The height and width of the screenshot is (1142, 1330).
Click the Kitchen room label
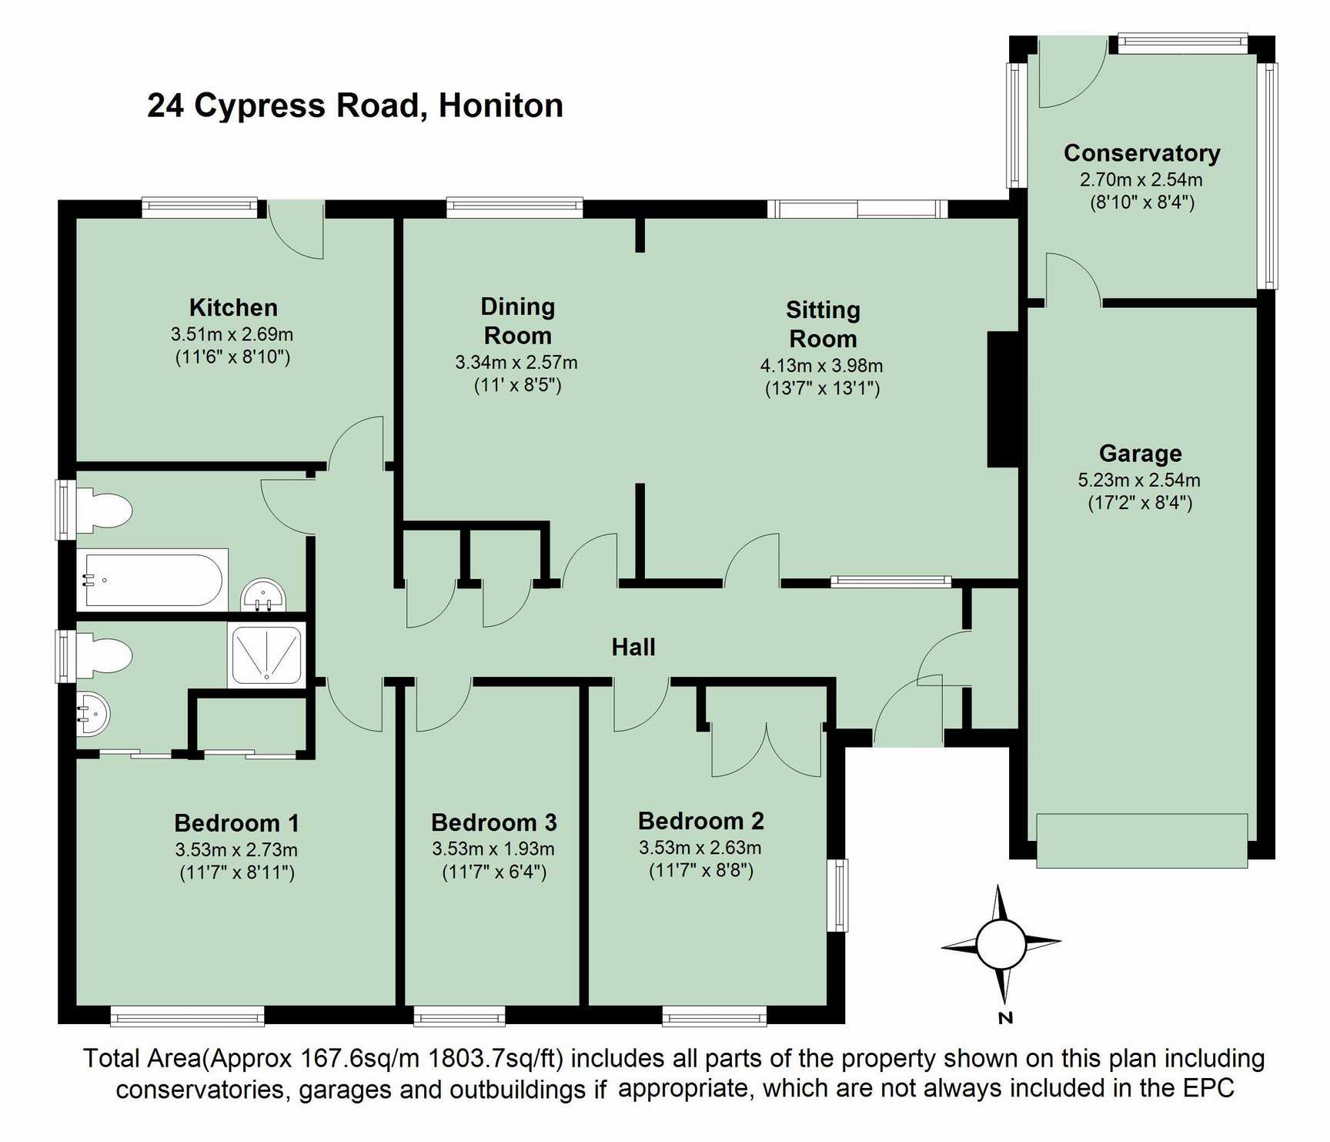(x=233, y=308)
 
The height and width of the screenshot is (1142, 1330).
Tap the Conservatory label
(x=1141, y=153)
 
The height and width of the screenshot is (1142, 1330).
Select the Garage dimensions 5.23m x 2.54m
(x=1139, y=480)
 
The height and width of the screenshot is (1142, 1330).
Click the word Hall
(x=633, y=647)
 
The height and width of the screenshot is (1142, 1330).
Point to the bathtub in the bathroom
(x=152, y=580)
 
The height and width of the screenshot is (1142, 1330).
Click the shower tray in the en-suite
(x=266, y=655)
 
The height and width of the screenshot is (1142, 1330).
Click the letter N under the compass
(x=1005, y=1018)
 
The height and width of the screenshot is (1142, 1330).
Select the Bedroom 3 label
(x=494, y=822)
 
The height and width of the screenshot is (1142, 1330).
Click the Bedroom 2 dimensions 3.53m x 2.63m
(x=700, y=848)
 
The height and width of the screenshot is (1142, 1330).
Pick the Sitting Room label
(x=823, y=324)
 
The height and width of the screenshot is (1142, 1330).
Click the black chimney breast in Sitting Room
(x=1004, y=399)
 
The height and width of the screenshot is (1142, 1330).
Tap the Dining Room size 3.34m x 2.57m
(x=516, y=362)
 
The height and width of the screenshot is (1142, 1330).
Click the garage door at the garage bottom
(x=1141, y=841)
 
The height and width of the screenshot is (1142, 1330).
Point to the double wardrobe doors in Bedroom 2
(x=767, y=748)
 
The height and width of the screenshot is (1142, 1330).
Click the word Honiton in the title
(x=501, y=105)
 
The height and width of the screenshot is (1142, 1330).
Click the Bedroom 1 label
(x=237, y=823)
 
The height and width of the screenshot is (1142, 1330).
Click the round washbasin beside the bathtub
(x=264, y=595)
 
